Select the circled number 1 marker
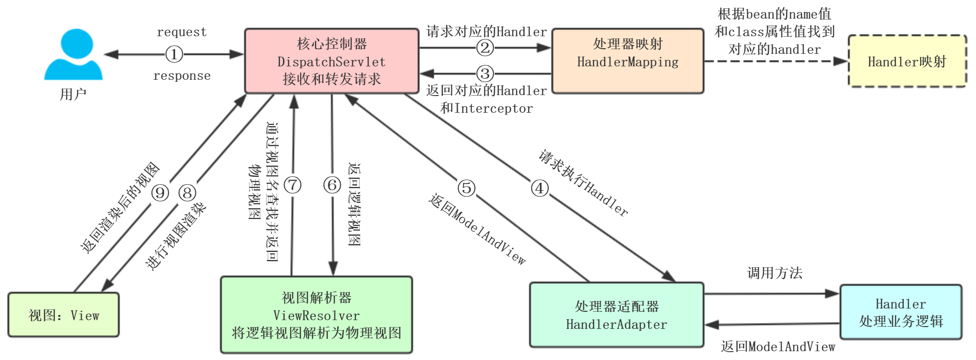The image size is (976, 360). point(174,54)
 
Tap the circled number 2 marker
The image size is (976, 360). point(485,47)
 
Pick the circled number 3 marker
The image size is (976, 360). point(485,73)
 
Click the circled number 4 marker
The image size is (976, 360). point(539,188)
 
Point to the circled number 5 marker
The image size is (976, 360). point(466,188)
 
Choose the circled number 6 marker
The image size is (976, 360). point(332,185)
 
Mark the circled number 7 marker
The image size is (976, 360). point(292,185)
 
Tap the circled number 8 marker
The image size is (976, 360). point(187,193)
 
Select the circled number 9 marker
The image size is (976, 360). point(160,193)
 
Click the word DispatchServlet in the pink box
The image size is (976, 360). point(331,62)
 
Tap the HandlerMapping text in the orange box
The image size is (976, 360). point(627,62)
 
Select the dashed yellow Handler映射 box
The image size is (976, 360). point(907,61)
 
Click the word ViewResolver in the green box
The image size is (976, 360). point(316,315)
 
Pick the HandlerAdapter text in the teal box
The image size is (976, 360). point(616,324)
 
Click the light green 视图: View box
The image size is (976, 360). point(64,315)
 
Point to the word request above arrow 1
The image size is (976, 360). point(181,32)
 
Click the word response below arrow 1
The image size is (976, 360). point(181,76)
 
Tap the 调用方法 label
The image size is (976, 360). point(775,273)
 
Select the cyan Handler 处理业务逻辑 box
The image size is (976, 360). point(900,312)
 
